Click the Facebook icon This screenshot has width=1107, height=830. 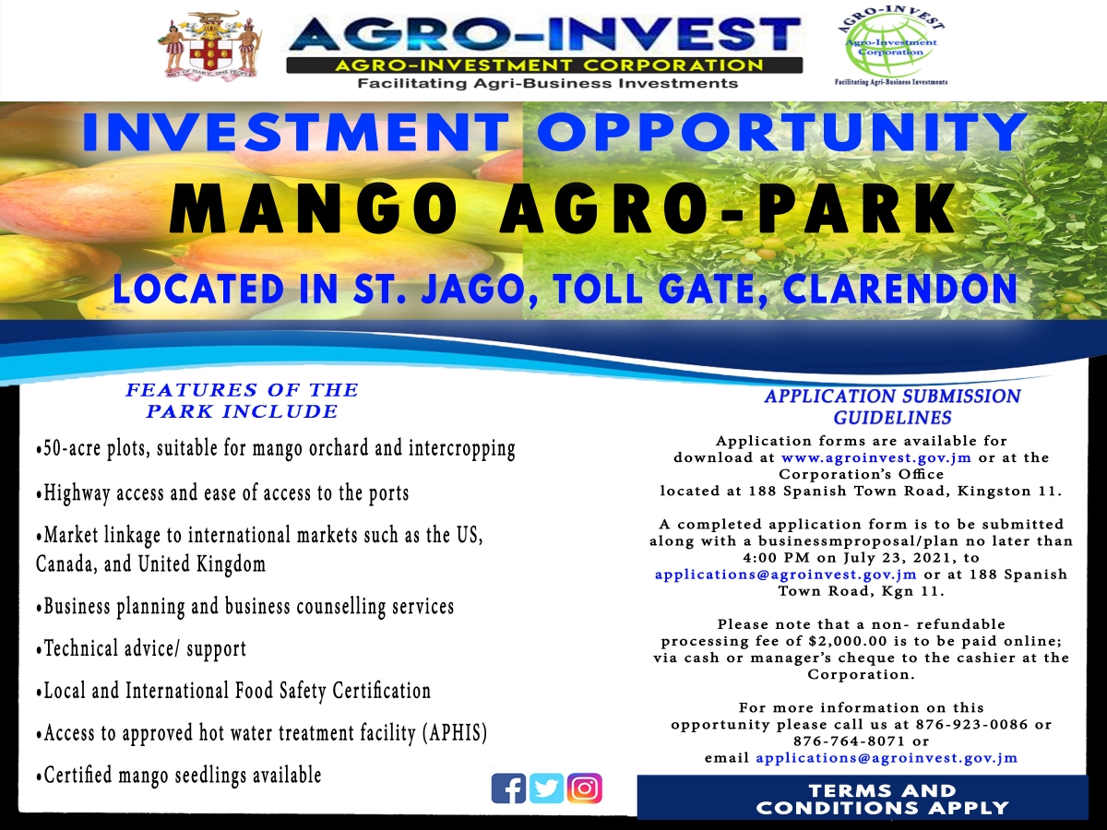[x=508, y=788]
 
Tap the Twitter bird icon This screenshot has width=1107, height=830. [x=546, y=788]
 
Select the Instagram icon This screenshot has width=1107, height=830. [x=584, y=788]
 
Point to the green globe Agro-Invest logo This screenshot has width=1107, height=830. [x=891, y=46]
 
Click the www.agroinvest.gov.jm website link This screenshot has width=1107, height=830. [x=876, y=457]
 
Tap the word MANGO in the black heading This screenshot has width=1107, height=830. [x=313, y=209]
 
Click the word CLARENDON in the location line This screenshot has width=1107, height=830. [x=899, y=290]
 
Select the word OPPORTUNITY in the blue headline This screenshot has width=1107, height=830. [x=782, y=132]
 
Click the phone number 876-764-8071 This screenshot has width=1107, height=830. [x=850, y=741]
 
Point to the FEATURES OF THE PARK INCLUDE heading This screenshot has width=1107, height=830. [x=242, y=400]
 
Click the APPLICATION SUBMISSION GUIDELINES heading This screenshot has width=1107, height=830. [x=892, y=407]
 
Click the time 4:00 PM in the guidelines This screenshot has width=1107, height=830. [x=776, y=558]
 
